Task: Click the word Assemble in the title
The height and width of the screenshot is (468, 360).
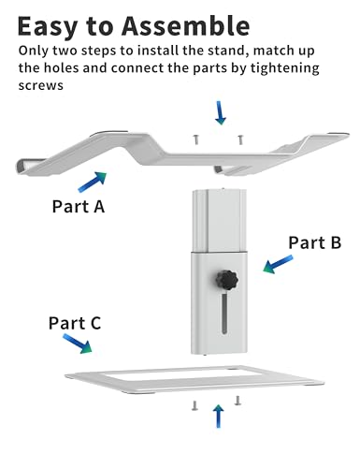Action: click(186, 25)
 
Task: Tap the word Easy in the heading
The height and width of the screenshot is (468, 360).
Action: click(48, 27)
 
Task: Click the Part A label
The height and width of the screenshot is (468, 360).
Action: click(79, 206)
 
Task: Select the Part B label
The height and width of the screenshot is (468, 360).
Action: click(315, 242)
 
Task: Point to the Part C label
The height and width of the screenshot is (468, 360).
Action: click(75, 323)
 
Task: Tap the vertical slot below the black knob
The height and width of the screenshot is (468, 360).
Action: click(224, 314)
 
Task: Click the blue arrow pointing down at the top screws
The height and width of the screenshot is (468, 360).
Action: click(221, 112)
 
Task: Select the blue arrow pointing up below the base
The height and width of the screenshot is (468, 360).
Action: click(219, 417)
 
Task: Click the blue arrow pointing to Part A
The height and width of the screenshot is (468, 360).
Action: click(93, 182)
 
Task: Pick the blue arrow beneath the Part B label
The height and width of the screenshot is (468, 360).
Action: click(278, 264)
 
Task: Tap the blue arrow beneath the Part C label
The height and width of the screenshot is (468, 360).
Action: click(78, 344)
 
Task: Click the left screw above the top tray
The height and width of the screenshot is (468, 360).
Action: click(195, 139)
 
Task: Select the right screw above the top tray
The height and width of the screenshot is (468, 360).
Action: click(240, 139)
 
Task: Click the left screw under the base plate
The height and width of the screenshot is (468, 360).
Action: click(194, 405)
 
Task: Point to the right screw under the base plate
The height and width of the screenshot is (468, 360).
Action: click(238, 401)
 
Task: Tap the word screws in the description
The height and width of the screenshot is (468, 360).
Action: click(41, 85)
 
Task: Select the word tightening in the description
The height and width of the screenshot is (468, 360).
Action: click(285, 68)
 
